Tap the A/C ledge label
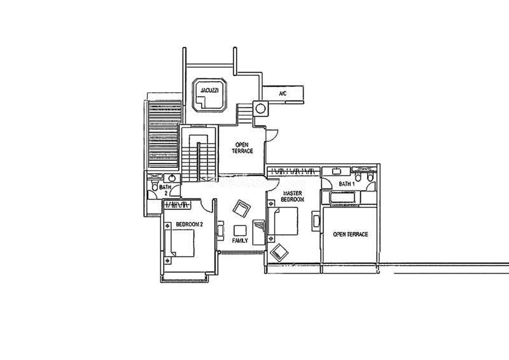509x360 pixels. (282, 93)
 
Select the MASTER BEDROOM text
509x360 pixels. (292, 196)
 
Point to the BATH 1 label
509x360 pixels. (347, 184)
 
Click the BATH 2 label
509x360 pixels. (165, 190)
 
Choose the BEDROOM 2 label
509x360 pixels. (189, 225)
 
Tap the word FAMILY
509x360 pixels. (240, 240)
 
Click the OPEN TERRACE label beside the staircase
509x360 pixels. (242, 148)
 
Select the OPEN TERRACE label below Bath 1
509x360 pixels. (351, 234)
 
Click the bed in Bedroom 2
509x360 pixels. (179, 243)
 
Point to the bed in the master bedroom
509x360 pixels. (283, 221)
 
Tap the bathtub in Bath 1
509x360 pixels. (344, 197)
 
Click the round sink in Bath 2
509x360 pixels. (172, 178)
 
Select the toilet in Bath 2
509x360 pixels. (154, 186)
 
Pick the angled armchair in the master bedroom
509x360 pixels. (279, 251)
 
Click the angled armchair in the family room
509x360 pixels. (242, 209)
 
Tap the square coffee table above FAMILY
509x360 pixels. (241, 230)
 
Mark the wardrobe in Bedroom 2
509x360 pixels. (178, 205)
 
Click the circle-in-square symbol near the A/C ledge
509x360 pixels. (260, 108)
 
